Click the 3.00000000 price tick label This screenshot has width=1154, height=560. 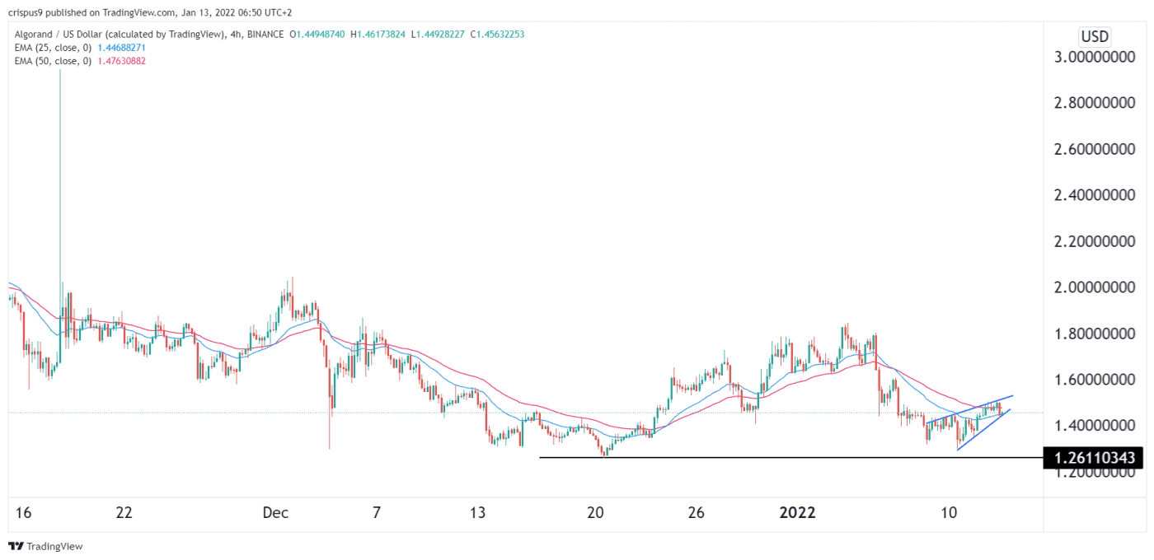coord(1092,58)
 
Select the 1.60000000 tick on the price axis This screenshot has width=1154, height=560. coord(1092,380)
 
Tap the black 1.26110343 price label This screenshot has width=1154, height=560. coord(1092,457)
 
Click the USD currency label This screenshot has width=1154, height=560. coord(1095,37)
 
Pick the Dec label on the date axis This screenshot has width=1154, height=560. coord(275,513)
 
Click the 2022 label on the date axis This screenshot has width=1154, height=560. coord(797,513)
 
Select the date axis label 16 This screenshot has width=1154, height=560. coord(23,513)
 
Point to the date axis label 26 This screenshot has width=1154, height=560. coord(697,513)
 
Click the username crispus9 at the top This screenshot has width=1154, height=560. coord(26,12)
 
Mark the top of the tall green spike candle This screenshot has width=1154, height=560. coord(60,72)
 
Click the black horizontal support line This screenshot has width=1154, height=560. coord(783,457)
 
